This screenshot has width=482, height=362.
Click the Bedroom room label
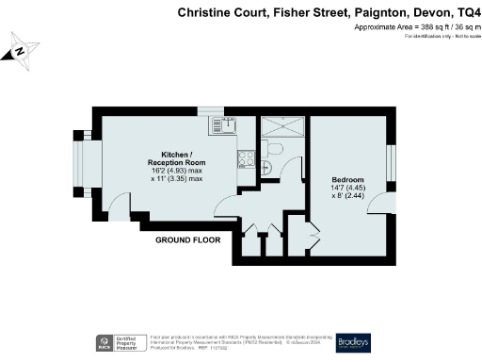[347, 179]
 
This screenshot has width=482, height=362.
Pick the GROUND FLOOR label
[188, 239]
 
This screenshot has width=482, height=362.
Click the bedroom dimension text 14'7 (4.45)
[347, 189]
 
